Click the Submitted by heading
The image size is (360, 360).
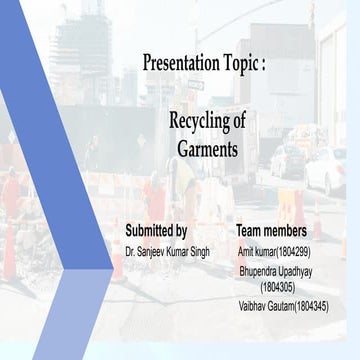pos(155,231)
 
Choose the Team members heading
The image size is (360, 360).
pos(270,231)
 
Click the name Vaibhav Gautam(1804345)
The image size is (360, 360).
pos(284,305)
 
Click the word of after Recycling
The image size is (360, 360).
pos(238,121)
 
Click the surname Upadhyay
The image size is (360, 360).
pos(297,271)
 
